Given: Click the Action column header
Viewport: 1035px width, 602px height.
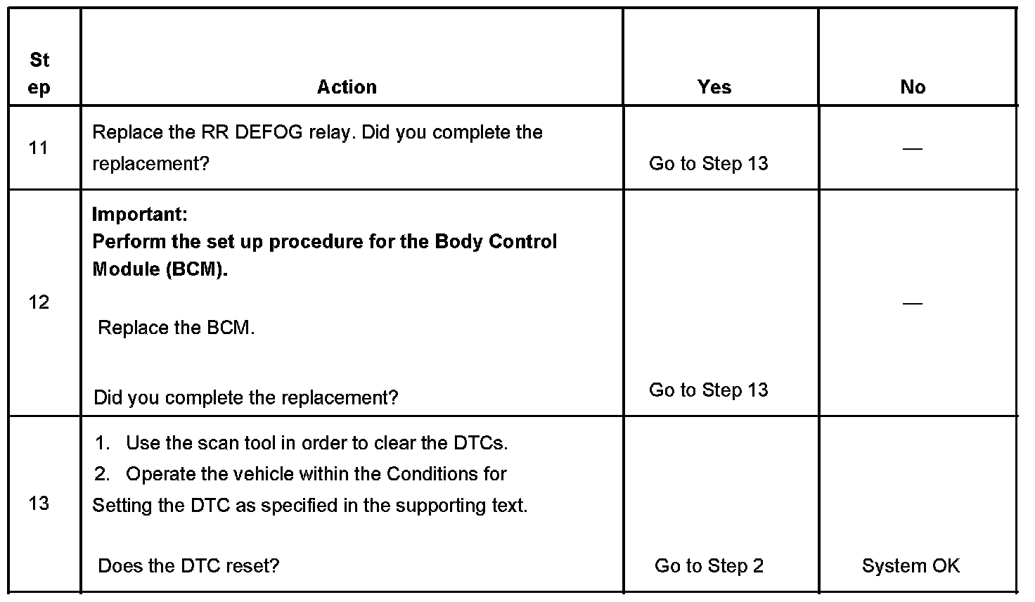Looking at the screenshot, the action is click(347, 87).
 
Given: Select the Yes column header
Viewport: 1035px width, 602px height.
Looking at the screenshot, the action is click(714, 87).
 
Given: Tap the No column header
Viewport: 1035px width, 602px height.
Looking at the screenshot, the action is click(913, 87).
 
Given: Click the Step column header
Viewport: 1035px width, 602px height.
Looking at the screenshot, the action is click(39, 74).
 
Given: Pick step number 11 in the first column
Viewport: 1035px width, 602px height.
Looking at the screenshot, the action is click(39, 148).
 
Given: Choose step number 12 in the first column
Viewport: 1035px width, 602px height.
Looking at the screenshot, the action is click(39, 302).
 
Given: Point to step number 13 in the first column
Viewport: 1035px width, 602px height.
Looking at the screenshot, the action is click(39, 503).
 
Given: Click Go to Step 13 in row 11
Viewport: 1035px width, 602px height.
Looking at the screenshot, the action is click(708, 164).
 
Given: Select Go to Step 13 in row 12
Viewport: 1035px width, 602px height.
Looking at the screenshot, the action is click(708, 390).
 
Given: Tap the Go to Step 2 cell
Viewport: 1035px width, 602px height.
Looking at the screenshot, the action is click(708, 566).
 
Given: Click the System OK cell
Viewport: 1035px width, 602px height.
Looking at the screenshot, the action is click(911, 566).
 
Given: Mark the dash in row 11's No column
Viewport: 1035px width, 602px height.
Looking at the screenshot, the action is click(912, 148).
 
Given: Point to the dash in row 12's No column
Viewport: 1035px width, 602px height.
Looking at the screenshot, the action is click(912, 303).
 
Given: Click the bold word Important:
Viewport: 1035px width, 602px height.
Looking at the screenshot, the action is click(140, 214).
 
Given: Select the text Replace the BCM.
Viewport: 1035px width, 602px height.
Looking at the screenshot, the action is click(176, 328).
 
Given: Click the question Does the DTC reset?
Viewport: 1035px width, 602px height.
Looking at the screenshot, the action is click(188, 566).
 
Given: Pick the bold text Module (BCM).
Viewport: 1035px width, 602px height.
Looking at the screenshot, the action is click(160, 270).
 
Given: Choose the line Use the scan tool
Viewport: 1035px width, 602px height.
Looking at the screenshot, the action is click(316, 443).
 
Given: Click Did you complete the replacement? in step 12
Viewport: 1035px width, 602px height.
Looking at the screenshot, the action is click(245, 398).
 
